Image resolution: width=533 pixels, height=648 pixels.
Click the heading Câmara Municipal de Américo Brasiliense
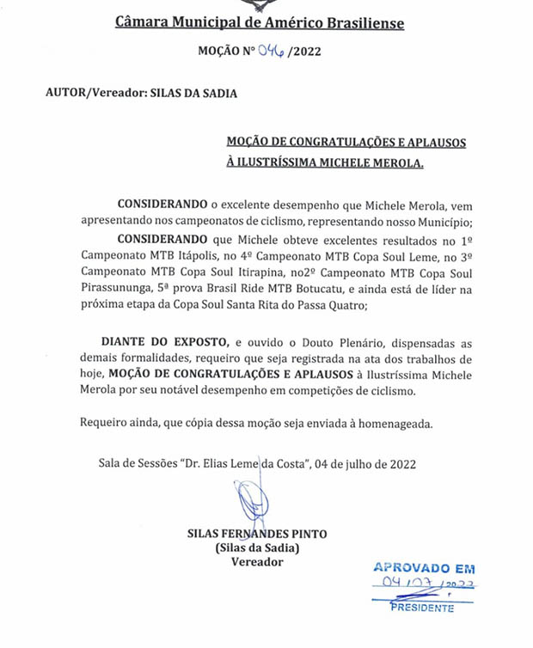[x=260, y=21]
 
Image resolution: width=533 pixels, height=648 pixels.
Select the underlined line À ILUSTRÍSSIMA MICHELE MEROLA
[x=325, y=162]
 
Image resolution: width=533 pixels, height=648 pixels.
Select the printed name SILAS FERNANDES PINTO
[x=257, y=534]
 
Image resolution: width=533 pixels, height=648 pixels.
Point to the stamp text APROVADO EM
[x=423, y=568]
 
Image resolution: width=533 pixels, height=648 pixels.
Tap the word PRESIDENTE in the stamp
[x=422, y=608]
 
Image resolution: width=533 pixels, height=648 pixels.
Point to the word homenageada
[x=395, y=424]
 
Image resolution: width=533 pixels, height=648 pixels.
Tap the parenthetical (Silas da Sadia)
[x=257, y=547]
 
